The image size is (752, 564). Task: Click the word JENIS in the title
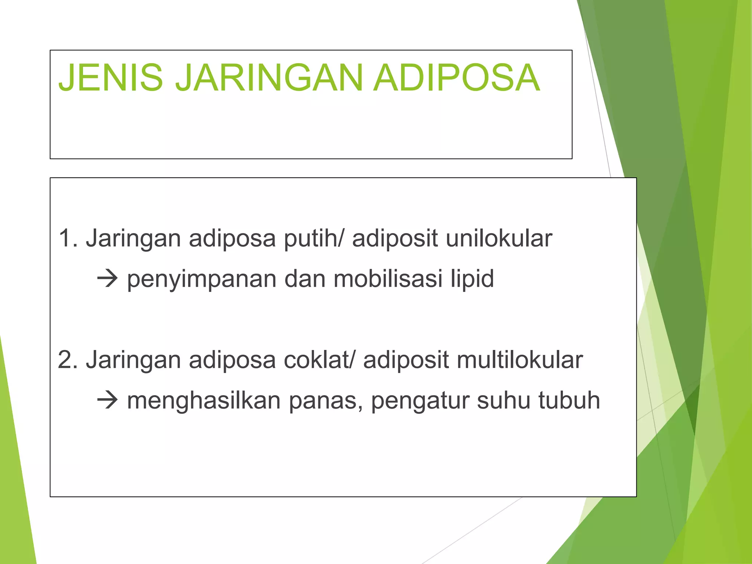coord(111,77)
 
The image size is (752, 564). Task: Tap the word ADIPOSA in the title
coord(456,77)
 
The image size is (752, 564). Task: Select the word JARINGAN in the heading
coord(269,77)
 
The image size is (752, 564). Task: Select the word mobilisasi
coord(388,279)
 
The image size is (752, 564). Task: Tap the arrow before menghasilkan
coord(107,401)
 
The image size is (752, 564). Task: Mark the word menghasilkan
coord(204,401)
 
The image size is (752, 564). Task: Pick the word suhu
coord(503,401)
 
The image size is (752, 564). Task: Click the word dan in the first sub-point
coord(305,279)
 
